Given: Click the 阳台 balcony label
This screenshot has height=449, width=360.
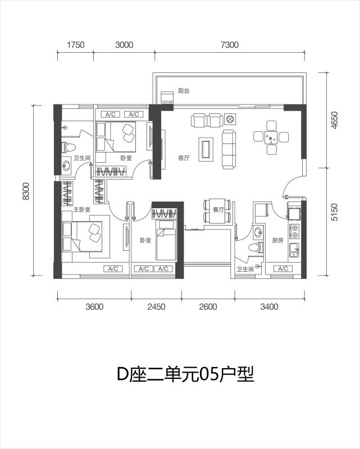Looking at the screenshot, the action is click(x=184, y=91).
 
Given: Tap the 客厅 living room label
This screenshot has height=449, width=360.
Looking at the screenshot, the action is click(x=184, y=158).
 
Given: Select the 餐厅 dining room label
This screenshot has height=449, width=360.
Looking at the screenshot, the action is click(x=218, y=209).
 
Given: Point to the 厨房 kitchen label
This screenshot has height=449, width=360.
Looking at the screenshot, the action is click(x=277, y=241).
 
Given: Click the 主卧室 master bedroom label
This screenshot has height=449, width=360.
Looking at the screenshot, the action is click(x=81, y=209).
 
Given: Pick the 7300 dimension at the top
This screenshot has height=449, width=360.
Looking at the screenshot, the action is click(x=230, y=45).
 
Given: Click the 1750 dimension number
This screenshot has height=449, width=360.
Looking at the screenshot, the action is click(x=76, y=45).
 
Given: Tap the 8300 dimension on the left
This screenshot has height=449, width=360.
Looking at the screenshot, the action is click(x=26, y=191).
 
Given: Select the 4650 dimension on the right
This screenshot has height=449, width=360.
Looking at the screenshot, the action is click(x=335, y=120).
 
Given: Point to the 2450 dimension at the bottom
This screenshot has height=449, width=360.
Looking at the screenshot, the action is click(x=156, y=307).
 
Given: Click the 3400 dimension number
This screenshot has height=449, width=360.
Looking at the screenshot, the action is click(x=269, y=307).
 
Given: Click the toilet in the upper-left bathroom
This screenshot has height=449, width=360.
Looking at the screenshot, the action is click(x=69, y=148).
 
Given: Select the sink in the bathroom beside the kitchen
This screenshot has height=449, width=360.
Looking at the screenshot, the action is click(x=258, y=232).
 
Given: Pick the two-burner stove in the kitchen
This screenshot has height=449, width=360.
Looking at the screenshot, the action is click(x=294, y=231).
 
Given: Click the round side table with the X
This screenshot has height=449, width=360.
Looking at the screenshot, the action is click(x=230, y=119).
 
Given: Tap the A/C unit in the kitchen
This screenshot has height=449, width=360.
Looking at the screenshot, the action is click(x=283, y=269).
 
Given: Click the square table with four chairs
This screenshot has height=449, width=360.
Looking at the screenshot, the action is click(x=271, y=138).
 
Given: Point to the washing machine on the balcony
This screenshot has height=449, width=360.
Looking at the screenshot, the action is click(x=167, y=97).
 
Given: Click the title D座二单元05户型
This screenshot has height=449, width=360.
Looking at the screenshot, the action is click(x=186, y=374).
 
